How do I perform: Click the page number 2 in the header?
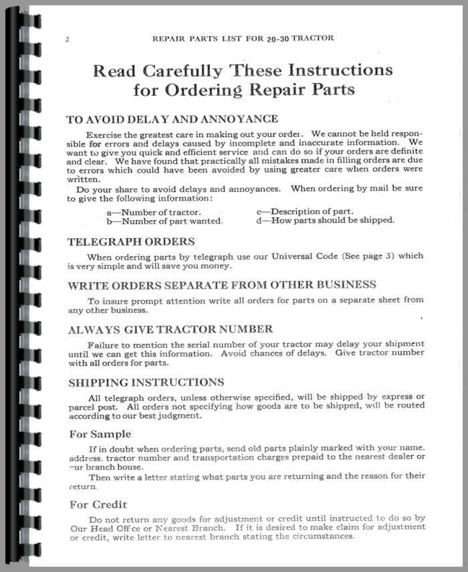[68, 39]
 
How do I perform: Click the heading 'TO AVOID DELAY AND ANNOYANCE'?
[172, 119]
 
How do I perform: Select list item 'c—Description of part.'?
[305, 212]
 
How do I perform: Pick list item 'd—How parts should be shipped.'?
[326, 221]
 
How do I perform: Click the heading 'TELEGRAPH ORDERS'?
[131, 242]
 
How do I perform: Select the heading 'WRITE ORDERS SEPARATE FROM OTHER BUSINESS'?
[231, 284]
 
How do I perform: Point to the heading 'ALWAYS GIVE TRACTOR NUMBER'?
[170, 328]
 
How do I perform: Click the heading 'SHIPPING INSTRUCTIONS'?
[146, 382]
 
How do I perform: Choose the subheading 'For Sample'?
[100, 434]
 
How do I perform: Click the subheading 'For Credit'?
[98, 504]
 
